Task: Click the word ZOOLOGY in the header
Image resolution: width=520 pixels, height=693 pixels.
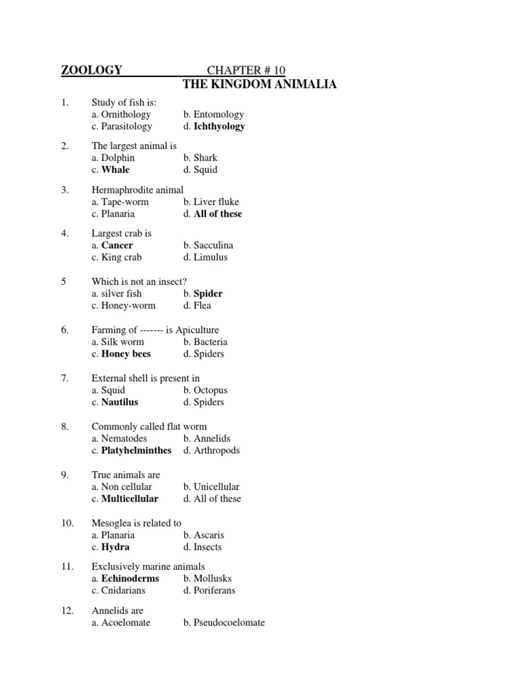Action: (x=92, y=70)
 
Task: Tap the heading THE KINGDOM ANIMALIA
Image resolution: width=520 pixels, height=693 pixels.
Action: (x=260, y=84)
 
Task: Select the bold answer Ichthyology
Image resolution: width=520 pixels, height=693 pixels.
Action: (x=219, y=127)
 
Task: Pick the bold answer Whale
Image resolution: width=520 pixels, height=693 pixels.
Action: (x=115, y=170)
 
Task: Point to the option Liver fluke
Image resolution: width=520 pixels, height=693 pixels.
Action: (x=215, y=202)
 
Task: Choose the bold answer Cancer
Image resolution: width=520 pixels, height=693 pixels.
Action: (x=117, y=246)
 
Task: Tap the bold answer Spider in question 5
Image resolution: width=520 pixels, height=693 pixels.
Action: (x=208, y=294)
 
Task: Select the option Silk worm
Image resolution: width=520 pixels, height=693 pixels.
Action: (x=123, y=342)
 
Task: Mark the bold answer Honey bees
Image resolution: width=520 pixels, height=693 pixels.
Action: (x=126, y=354)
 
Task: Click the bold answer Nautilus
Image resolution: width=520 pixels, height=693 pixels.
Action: (x=120, y=402)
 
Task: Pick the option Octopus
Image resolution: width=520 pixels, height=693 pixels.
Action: (x=210, y=390)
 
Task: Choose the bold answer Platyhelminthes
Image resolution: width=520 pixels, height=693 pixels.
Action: (x=136, y=450)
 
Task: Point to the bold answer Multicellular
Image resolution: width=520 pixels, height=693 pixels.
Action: (x=129, y=499)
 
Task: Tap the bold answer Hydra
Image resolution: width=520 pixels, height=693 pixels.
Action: (x=115, y=547)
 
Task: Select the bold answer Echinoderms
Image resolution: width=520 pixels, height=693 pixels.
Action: (x=130, y=579)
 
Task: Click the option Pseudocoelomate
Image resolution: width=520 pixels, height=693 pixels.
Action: (x=228, y=623)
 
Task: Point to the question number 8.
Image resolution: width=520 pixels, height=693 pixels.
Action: (x=65, y=426)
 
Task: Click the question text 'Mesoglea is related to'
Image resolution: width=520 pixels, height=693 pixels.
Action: (x=136, y=523)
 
